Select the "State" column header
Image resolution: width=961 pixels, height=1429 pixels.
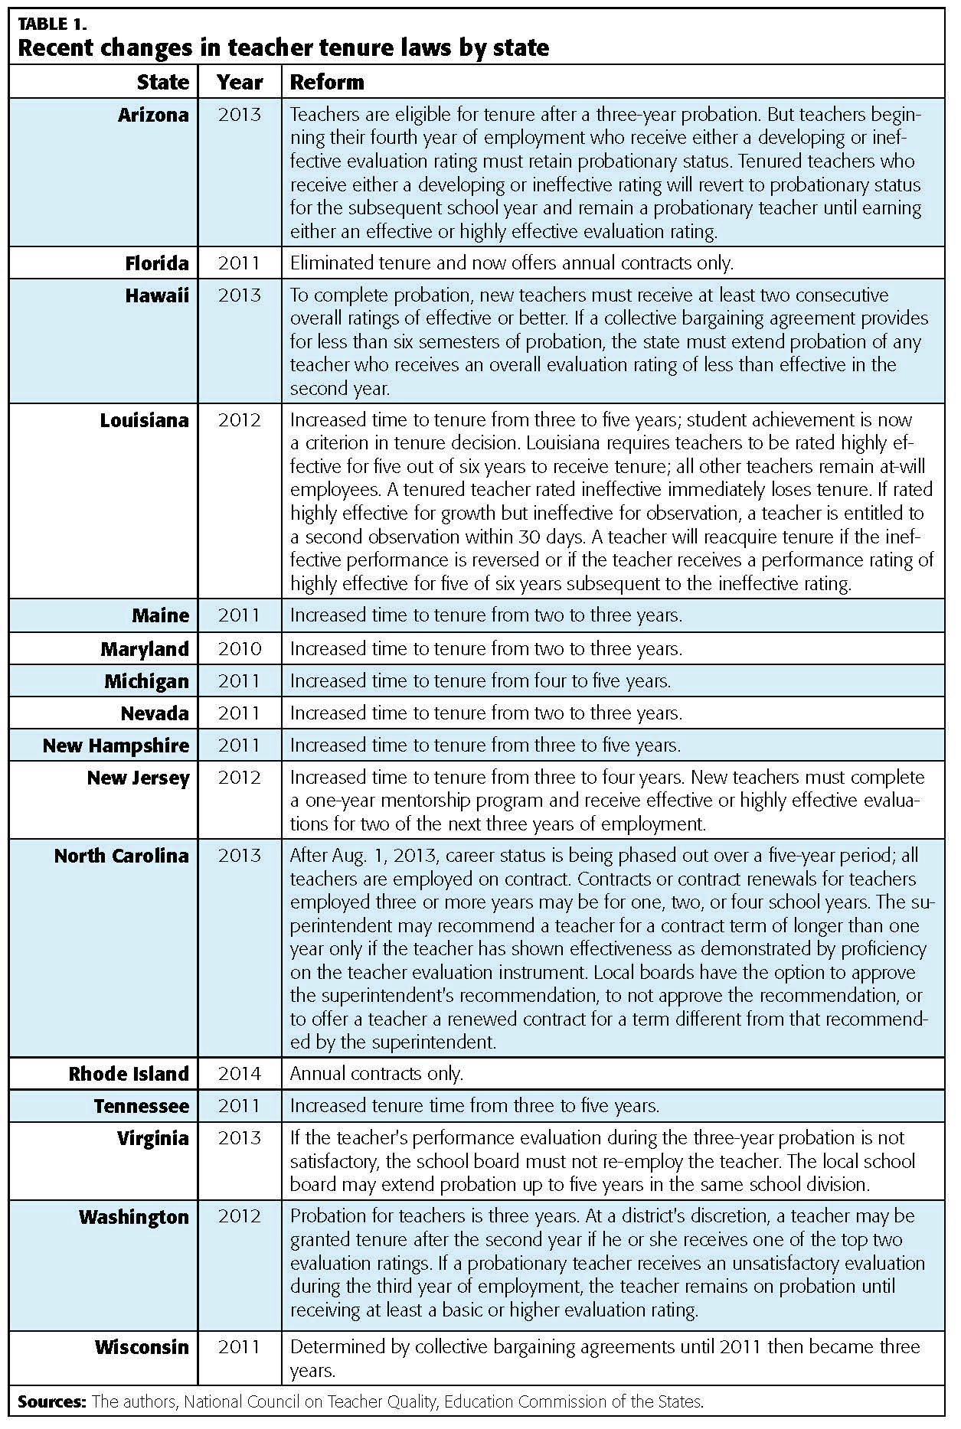pos(162,82)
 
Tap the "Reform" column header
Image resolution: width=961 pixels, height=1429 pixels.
pos(327,82)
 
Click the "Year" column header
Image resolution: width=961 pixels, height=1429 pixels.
pos(240,82)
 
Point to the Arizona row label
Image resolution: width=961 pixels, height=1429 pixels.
pos(153,115)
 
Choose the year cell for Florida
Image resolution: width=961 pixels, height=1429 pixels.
pos(240,263)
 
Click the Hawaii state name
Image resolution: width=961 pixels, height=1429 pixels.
pos(157,295)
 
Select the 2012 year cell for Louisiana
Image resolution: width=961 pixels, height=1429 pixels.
pos(240,420)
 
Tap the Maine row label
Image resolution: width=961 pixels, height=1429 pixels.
pos(160,615)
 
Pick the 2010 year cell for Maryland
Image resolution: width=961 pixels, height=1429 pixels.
pos(240,649)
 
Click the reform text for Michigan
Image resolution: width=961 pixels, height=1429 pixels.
pos(480,681)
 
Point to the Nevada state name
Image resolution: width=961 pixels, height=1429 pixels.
pos(155,713)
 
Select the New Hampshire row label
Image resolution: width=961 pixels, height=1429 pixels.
pos(116,745)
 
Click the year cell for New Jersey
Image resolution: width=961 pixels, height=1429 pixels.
pos(240,778)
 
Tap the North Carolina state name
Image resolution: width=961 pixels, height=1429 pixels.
pos(121,856)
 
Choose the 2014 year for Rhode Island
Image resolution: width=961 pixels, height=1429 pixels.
pos(240,1074)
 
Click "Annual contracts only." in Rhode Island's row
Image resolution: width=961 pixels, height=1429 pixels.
pos(377,1074)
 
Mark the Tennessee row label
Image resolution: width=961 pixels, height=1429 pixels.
pos(141,1106)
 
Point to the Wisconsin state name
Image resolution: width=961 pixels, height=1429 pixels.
pos(142,1347)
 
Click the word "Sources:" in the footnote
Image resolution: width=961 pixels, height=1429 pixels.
pos(51,1402)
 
